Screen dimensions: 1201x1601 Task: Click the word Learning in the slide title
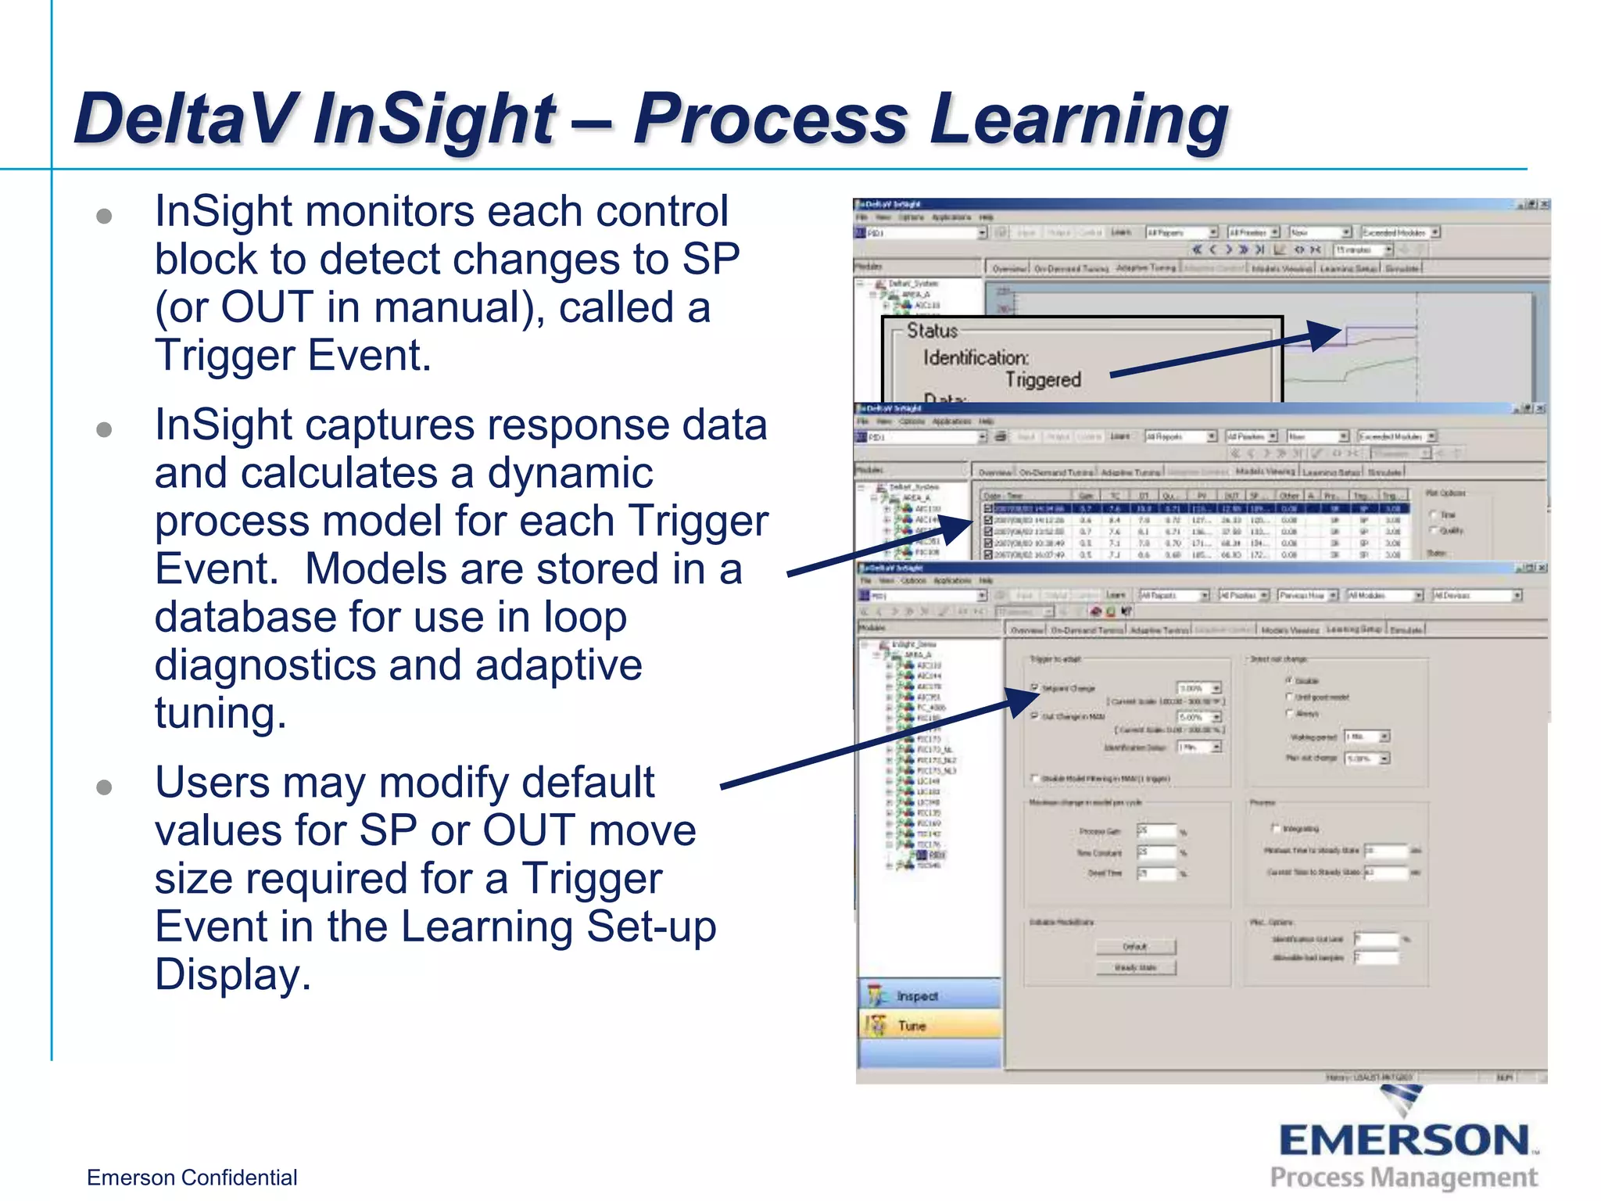1079,119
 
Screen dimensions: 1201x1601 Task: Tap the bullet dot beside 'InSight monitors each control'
104,217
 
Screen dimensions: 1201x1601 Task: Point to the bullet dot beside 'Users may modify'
104,787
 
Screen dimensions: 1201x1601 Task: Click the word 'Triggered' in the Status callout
1043,380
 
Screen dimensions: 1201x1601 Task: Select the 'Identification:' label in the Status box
976,358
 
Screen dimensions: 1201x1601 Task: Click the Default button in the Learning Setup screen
1135,947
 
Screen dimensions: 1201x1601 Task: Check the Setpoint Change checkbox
1034,688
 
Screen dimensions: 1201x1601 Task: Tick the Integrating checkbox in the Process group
1276,828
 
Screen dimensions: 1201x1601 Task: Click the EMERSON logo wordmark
1404,1140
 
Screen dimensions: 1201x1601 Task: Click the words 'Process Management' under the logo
1404,1178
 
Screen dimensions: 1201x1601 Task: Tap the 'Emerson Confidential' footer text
192,1178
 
